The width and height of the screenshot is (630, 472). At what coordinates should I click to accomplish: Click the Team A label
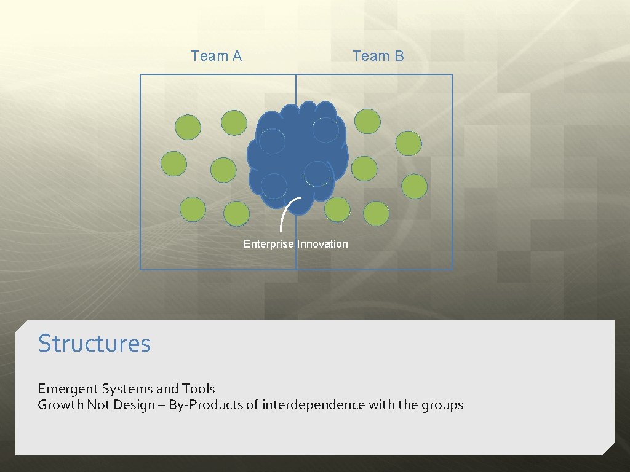pyautogui.click(x=216, y=56)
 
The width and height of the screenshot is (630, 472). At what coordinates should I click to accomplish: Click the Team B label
pyautogui.click(x=378, y=56)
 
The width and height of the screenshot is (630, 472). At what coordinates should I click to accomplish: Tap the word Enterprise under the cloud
pyautogui.click(x=269, y=244)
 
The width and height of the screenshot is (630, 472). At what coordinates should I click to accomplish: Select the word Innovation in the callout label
pyautogui.click(x=322, y=244)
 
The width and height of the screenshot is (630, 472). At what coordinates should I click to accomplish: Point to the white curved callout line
pyautogui.click(x=284, y=213)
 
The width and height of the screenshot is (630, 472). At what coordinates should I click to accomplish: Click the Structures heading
pyautogui.click(x=94, y=343)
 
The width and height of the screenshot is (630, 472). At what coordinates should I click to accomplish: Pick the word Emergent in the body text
pyautogui.click(x=68, y=389)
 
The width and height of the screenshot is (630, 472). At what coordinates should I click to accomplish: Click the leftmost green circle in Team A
pyautogui.click(x=173, y=164)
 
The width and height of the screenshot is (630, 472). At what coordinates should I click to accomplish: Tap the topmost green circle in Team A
pyautogui.click(x=234, y=123)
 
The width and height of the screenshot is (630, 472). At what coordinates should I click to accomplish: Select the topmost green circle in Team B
pyautogui.click(x=367, y=121)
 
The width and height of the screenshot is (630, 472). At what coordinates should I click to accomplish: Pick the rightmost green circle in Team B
pyautogui.click(x=415, y=186)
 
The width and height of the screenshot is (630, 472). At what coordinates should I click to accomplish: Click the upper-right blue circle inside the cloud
pyautogui.click(x=325, y=130)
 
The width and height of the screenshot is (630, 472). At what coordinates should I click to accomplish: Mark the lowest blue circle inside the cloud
pyautogui.click(x=274, y=186)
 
